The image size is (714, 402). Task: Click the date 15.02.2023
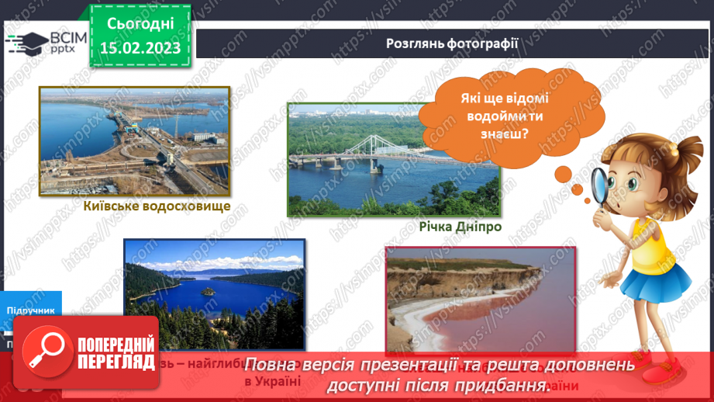[140, 47]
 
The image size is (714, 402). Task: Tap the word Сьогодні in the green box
[140, 24]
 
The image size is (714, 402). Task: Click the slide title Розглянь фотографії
[452, 42]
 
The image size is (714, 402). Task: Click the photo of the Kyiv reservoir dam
[135, 140]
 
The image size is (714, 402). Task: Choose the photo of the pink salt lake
[481, 299]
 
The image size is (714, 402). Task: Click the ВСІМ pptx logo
[38, 42]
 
